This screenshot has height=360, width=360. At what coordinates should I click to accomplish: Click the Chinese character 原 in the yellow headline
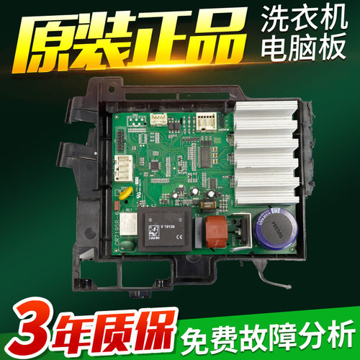[x=45, y=42]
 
